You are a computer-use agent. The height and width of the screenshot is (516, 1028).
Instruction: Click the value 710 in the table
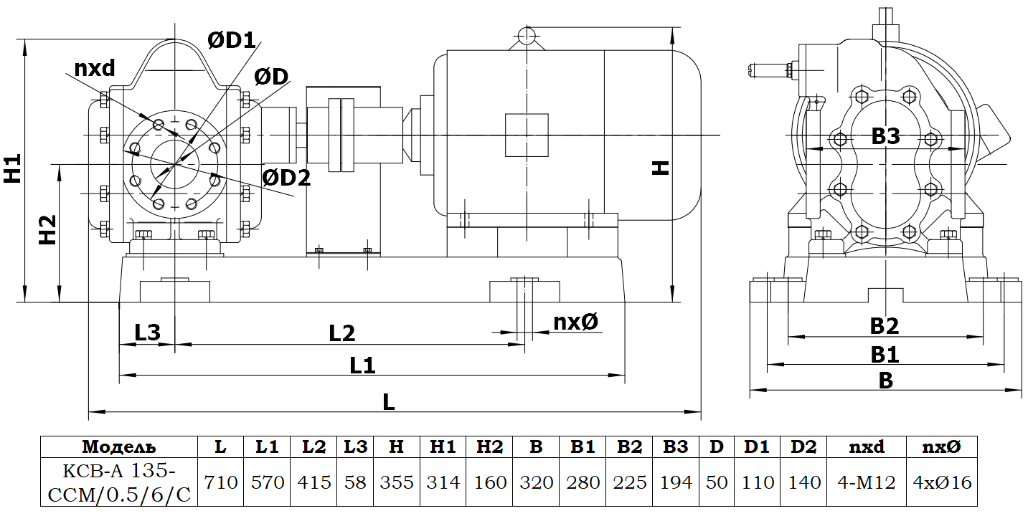(x=221, y=482)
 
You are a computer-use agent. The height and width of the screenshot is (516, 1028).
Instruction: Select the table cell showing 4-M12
(x=867, y=482)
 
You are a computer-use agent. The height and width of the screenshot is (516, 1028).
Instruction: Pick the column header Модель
(x=119, y=447)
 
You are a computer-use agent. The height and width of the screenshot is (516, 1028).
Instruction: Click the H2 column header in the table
(x=489, y=447)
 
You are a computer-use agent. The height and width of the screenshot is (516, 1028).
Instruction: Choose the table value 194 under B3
(x=675, y=482)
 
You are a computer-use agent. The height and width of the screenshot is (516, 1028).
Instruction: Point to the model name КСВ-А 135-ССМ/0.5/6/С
(x=119, y=482)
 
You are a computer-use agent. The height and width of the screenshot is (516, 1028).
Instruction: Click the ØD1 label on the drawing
(x=231, y=41)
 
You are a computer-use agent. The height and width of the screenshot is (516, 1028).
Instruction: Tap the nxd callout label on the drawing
(x=95, y=68)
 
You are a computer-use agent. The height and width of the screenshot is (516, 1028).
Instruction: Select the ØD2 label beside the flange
(x=286, y=178)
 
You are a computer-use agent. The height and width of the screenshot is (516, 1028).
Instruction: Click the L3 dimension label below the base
(x=147, y=332)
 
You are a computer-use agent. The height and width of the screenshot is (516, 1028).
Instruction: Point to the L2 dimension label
(x=342, y=333)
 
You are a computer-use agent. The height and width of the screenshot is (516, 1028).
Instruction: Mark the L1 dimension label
(x=363, y=365)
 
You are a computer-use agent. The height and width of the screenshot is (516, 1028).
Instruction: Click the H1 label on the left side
(x=12, y=169)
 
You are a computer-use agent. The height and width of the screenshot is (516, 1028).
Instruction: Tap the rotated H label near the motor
(x=660, y=167)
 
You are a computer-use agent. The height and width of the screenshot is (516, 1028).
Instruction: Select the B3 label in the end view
(x=885, y=136)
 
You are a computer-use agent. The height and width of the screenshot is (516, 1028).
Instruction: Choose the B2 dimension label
(x=885, y=326)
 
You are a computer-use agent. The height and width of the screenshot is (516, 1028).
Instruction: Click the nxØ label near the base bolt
(x=575, y=322)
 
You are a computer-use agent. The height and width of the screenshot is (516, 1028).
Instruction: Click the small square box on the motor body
(x=527, y=135)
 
